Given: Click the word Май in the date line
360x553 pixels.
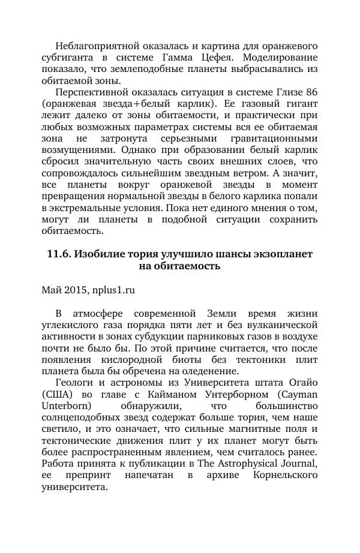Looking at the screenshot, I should (52, 290).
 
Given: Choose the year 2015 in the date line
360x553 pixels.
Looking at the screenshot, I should (77, 290).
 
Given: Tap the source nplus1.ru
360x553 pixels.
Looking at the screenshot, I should (114, 290).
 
